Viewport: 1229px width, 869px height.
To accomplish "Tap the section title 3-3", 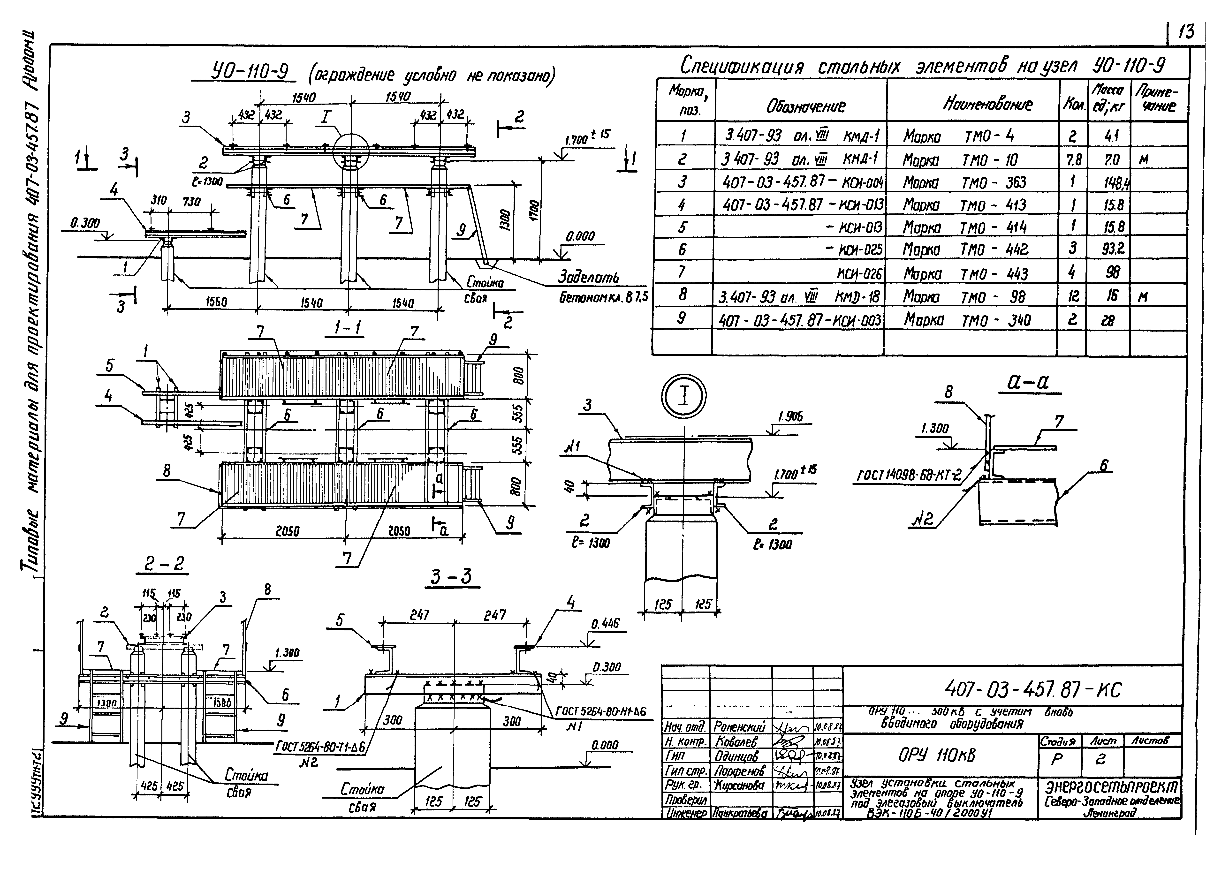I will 452,577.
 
